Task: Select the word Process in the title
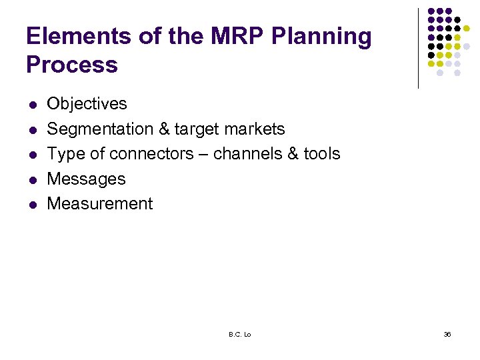(x=72, y=65)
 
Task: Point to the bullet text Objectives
(x=87, y=104)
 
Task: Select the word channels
(x=251, y=154)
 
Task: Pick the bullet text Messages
(x=86, y=179)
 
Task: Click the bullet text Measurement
(x=100, y=204)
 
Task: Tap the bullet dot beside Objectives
(x=31, y=105)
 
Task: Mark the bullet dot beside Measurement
(x=31, y=205)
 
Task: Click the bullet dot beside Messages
(x=31, y=180)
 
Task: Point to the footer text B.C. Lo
(x=239, y=334)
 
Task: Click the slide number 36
(x=447, y=334)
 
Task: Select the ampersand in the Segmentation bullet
(x=163, y=129)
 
